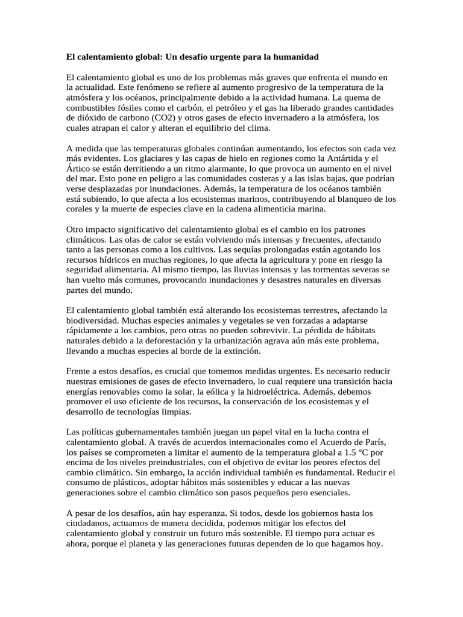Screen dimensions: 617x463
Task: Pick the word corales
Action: [81, 210]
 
